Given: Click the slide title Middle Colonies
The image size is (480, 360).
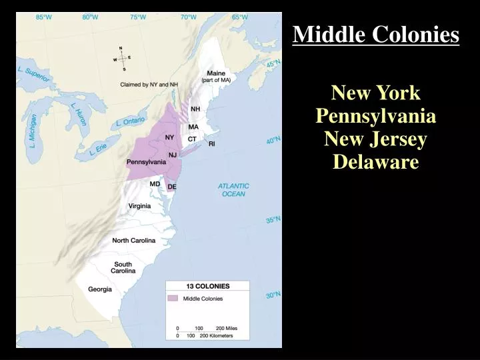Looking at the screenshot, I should tap(376, 34).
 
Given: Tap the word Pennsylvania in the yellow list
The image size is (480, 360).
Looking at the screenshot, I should tap(376, 117).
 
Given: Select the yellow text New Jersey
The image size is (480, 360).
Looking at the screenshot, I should tap(376, 139).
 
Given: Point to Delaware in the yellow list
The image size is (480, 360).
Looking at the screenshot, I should tap(376, 162).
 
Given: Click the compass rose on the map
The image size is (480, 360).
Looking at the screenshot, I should tap(121, 58).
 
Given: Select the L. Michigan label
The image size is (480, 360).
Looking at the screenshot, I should tap(33, 131).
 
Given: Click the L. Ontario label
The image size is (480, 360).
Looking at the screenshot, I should tap(130, 121).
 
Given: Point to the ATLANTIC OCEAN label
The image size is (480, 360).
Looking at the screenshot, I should tap(233, 190).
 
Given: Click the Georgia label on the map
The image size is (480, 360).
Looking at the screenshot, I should tap(100, 289).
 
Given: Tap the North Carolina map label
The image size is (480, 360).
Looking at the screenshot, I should tap(133, 240).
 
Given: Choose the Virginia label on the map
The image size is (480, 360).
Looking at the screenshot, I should tap(139, 206).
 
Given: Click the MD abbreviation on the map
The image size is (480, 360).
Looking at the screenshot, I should tap(155, 184).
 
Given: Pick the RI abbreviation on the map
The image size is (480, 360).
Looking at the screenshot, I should tap(212, 143).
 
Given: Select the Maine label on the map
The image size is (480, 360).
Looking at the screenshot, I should tap(216, 73).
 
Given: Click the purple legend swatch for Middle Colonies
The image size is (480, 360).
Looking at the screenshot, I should tap(173, 298).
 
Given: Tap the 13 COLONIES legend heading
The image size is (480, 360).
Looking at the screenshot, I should tap(207, 286).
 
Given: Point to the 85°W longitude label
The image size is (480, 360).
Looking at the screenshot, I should tap(44, 17).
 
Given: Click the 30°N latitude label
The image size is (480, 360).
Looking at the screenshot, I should tap(273, 295).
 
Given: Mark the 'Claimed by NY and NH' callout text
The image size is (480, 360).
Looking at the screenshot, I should tap(149, 85).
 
